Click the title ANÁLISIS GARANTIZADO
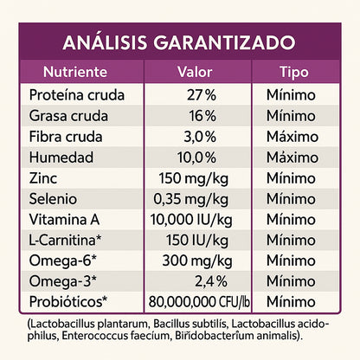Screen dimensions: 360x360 coord(179,42)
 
